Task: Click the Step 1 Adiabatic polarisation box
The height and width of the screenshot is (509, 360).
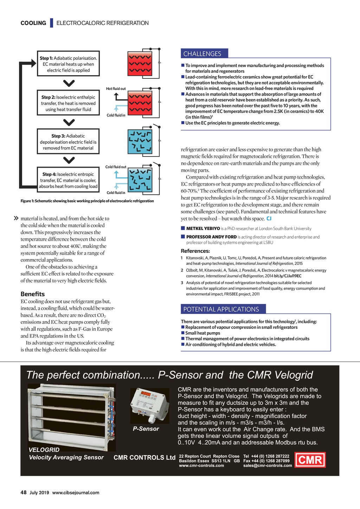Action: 68,64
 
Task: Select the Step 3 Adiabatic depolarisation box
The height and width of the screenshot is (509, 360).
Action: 68,142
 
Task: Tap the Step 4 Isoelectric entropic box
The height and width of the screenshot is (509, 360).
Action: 68,180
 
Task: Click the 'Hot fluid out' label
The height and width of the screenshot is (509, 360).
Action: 116,89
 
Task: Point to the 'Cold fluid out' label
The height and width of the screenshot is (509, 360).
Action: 116,167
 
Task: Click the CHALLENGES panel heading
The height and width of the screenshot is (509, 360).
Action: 202,54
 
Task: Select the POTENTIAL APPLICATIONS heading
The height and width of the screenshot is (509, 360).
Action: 221,309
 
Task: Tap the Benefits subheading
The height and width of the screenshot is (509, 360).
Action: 33,294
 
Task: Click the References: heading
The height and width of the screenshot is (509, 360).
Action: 195,251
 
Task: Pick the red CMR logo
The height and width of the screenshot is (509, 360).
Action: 310,460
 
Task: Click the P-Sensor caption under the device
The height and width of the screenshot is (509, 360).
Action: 146,429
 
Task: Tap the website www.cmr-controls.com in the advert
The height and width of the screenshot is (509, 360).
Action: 201,465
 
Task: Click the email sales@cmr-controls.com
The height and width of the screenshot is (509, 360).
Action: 268,465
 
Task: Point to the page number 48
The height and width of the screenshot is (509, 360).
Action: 24,492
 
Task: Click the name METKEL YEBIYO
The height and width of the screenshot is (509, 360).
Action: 203,228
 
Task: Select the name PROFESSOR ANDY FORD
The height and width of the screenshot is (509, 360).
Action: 211,237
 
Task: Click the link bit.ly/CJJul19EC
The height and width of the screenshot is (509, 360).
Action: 288,276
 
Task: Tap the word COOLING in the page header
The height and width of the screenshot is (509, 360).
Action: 33,23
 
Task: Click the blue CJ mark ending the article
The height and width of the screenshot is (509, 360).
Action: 269,219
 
